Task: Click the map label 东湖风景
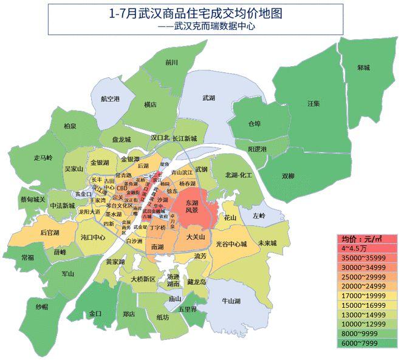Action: click(191, 206)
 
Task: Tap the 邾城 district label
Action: click(363, 67)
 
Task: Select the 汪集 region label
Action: click(313, 103)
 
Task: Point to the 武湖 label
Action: click(208, 97)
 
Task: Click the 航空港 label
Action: click(110, 98)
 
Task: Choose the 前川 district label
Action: click(171, 63)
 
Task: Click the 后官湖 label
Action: click(49, 233)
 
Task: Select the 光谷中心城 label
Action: click(231, 244)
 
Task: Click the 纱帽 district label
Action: click(41, 307)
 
